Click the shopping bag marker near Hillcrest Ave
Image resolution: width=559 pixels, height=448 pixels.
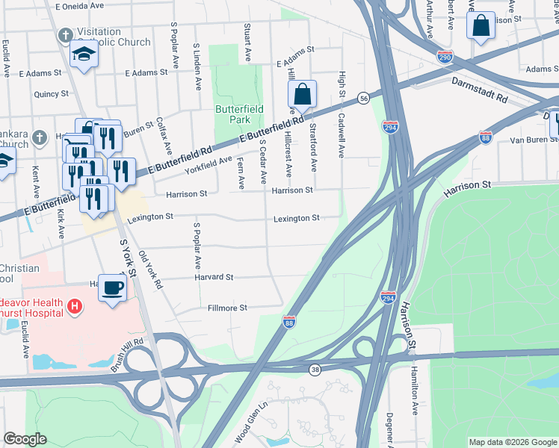[x=302, y=96]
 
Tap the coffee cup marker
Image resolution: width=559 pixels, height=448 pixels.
[x=112, y=287]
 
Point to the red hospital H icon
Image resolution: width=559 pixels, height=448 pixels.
[x=74, y=305]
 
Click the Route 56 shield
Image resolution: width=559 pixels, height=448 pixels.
[x=363, y=99]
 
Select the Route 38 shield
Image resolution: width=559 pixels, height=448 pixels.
[x=316, y=370]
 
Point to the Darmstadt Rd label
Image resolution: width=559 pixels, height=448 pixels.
[x=479, y=90]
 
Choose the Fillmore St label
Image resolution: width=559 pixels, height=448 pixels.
[x=227, y=308]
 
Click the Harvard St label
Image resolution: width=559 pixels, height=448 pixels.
[x=214, y=277]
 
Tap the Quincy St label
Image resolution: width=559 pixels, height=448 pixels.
[x=51, y=94]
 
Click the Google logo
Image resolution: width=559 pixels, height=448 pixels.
[x=25, y=438]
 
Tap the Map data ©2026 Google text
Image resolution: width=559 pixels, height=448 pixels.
[x=512, y=442]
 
